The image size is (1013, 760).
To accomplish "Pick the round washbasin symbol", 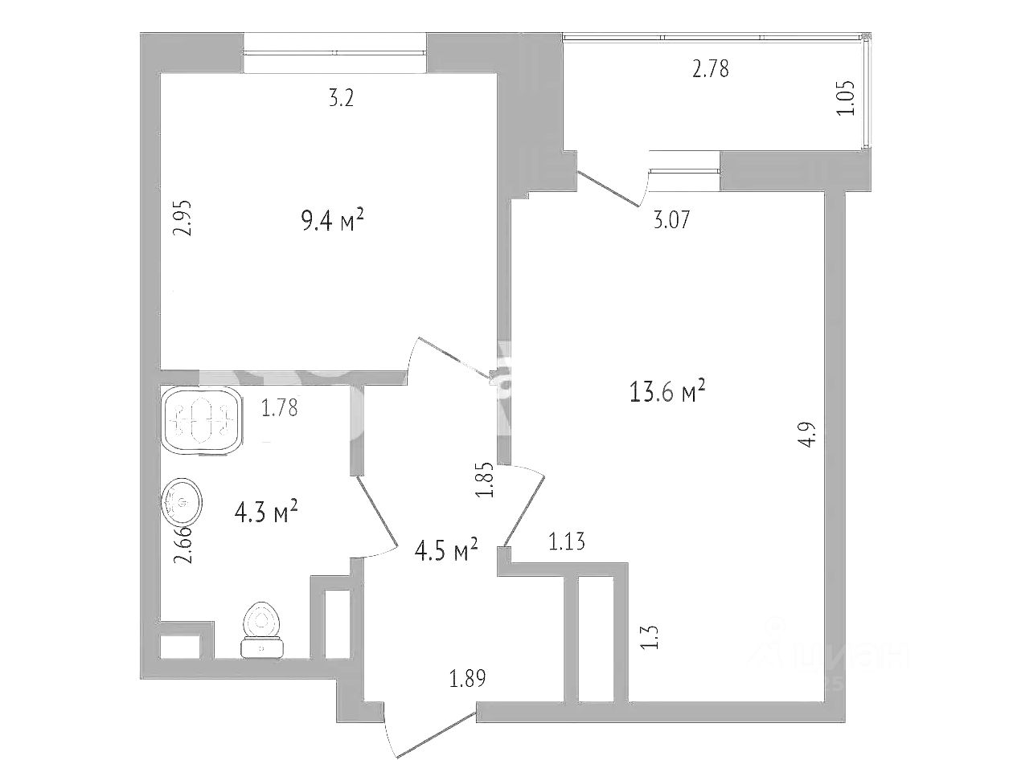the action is (x=183, y=503).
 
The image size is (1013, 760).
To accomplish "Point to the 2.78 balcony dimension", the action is (x=710, y=69).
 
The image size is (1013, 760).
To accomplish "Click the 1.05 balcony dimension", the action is (x=845, y=100).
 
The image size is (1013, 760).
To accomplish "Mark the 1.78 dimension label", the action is (x=279, y=409).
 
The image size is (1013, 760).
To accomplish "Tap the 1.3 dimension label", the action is (x=652, y=638).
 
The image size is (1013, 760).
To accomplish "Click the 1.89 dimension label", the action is (x=468, y=680).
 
